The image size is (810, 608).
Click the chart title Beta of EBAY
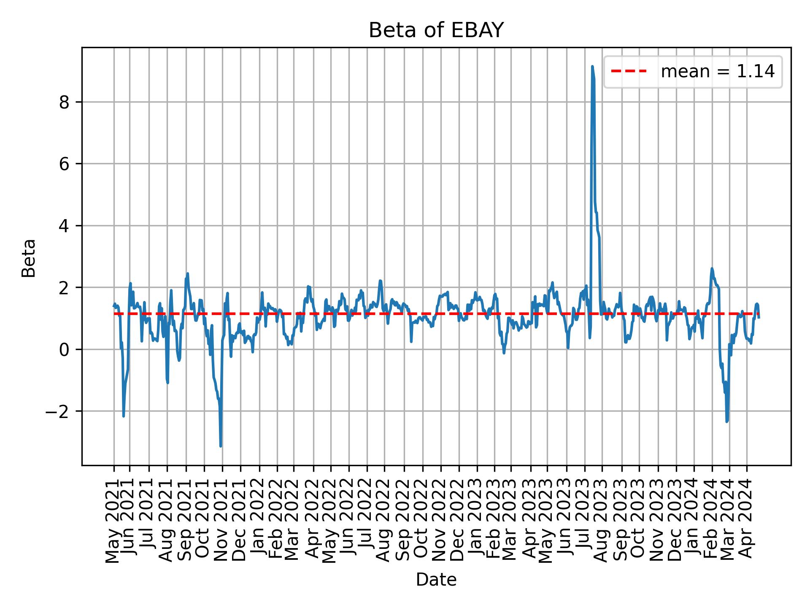point(436,30)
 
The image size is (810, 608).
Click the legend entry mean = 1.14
point(717,72)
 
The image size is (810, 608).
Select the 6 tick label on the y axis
point(64,164)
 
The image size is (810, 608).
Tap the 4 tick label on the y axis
point(64,226)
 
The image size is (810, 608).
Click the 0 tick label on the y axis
point(64,350)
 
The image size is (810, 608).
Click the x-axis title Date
point(436,580)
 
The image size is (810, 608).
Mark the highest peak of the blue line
point(592,66)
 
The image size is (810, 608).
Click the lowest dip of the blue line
point(221,446)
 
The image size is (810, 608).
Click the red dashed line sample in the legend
point(629,72)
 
